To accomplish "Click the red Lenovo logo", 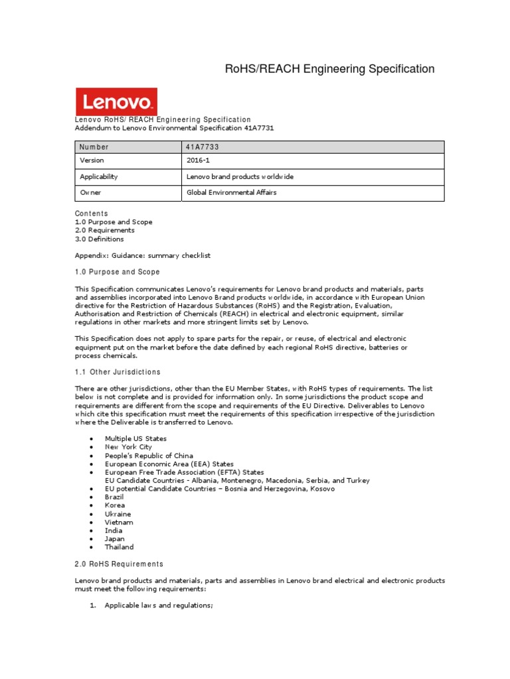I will [x=116, y=101].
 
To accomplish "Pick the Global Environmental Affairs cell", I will [x=232, y=192].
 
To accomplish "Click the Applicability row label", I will [x=99, y=177].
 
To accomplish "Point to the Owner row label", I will [x=91, y=192].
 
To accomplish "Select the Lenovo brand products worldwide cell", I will [x=240, y=177].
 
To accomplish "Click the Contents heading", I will [x=91, y=214].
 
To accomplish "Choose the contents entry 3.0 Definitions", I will [x=99, y=239].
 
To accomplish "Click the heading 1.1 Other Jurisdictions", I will [x=118, y=372].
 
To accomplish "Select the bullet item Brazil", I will [x=114, y=497].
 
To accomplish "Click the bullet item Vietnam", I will [x=118, y=522].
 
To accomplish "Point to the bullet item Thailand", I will [x=119, y=547].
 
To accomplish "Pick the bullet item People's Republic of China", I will [x=149, y=456].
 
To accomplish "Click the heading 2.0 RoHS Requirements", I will [x=119, y=564].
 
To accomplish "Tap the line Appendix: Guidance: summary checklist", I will [x=143, y=255].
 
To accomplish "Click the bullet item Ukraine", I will [x=118, y=514].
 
